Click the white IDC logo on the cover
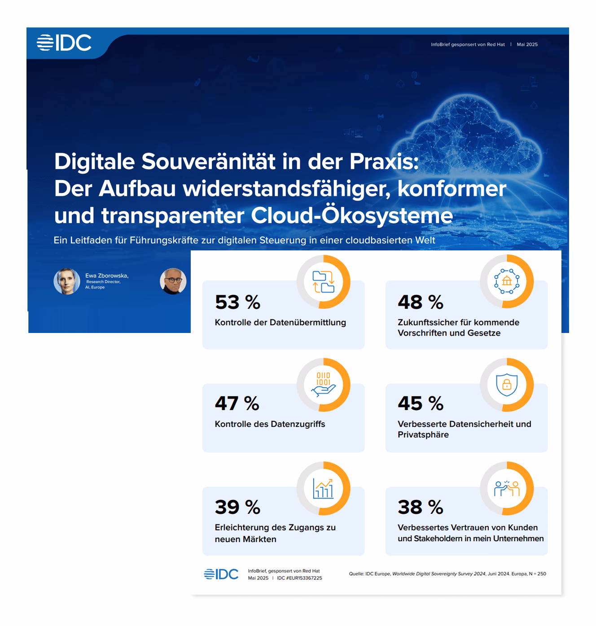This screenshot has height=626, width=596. pos(64,43)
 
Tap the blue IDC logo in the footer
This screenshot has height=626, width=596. pos(221,574)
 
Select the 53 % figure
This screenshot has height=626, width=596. pos(237,302)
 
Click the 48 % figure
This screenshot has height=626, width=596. pos(421,302)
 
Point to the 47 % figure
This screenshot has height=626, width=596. pos(237,403)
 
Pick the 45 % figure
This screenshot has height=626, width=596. pos(421,403)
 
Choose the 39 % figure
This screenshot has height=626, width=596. pos(237,507)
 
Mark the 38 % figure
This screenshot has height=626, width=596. pos(421,507)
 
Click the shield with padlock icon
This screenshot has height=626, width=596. pos(507,385)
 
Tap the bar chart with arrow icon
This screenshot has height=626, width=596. pos(323,488)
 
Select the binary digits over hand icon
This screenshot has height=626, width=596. pos(323,385)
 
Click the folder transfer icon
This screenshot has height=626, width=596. pos(323,282)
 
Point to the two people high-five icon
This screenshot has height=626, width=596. pos(507,488)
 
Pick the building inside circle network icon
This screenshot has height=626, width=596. pos(507,281)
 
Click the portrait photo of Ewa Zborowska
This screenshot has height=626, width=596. pos(67,281)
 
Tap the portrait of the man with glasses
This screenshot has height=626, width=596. pos(173,281)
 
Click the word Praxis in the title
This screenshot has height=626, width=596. pos(384,162)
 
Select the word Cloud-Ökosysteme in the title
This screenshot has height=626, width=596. pos(352,215)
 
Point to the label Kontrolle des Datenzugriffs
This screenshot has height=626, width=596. pos(270,424)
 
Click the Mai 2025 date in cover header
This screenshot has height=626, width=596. pos(527,44)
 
